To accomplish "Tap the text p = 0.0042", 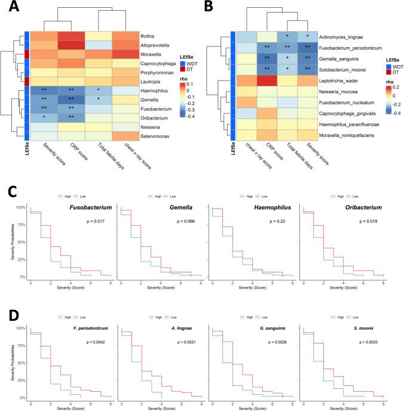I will [88, 342].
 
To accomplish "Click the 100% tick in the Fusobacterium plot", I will [20, 207].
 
